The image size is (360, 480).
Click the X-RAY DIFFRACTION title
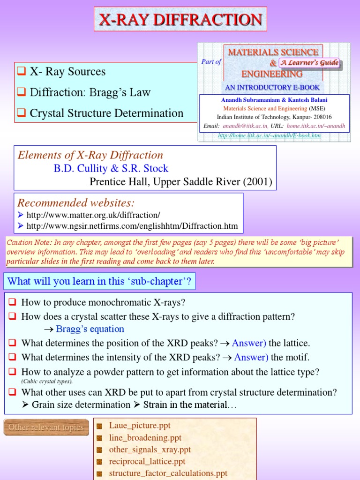point(180,20)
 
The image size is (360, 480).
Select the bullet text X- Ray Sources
point(67,72)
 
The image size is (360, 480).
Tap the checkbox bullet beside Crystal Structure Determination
point(21,113)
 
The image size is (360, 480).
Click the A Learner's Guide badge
point(309,62)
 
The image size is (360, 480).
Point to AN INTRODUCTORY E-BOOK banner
point(272,87)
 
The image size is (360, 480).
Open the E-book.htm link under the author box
point(270,136)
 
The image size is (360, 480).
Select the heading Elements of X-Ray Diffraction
point(90,155)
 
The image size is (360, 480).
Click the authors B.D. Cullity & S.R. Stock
point(111,168)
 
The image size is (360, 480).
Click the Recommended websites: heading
point(76,203)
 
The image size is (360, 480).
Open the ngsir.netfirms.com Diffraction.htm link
point(132,226)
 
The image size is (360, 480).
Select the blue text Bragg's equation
point(90,329)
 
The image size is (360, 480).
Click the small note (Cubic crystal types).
point(47,381)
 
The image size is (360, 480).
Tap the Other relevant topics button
point(46,427)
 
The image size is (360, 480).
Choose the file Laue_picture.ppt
point(140,426)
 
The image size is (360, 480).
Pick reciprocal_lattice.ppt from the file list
point(147,462)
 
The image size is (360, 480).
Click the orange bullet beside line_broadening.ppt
point(99,438)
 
